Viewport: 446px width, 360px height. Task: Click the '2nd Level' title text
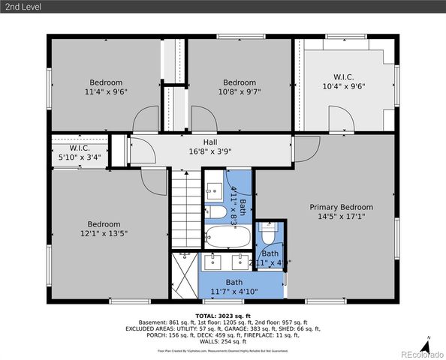tap(23, 7)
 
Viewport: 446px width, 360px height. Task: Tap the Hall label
tap(210, 140)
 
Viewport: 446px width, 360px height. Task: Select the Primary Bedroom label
tap(342, 207)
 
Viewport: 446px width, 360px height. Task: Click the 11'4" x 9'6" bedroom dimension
tap(106, 92)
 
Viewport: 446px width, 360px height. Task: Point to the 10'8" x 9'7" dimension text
tap(240, 92)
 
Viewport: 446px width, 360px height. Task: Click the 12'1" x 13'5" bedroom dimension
tap(104, 233)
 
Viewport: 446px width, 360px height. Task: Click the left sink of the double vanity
tap(213, 262)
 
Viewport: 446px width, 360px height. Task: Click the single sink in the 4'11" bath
tap(212, 188)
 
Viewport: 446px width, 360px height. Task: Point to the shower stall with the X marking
tap(182, 275)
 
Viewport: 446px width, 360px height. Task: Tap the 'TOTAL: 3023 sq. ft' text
tap(223, 316)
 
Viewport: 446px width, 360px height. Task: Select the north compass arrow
tap(426, 345)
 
